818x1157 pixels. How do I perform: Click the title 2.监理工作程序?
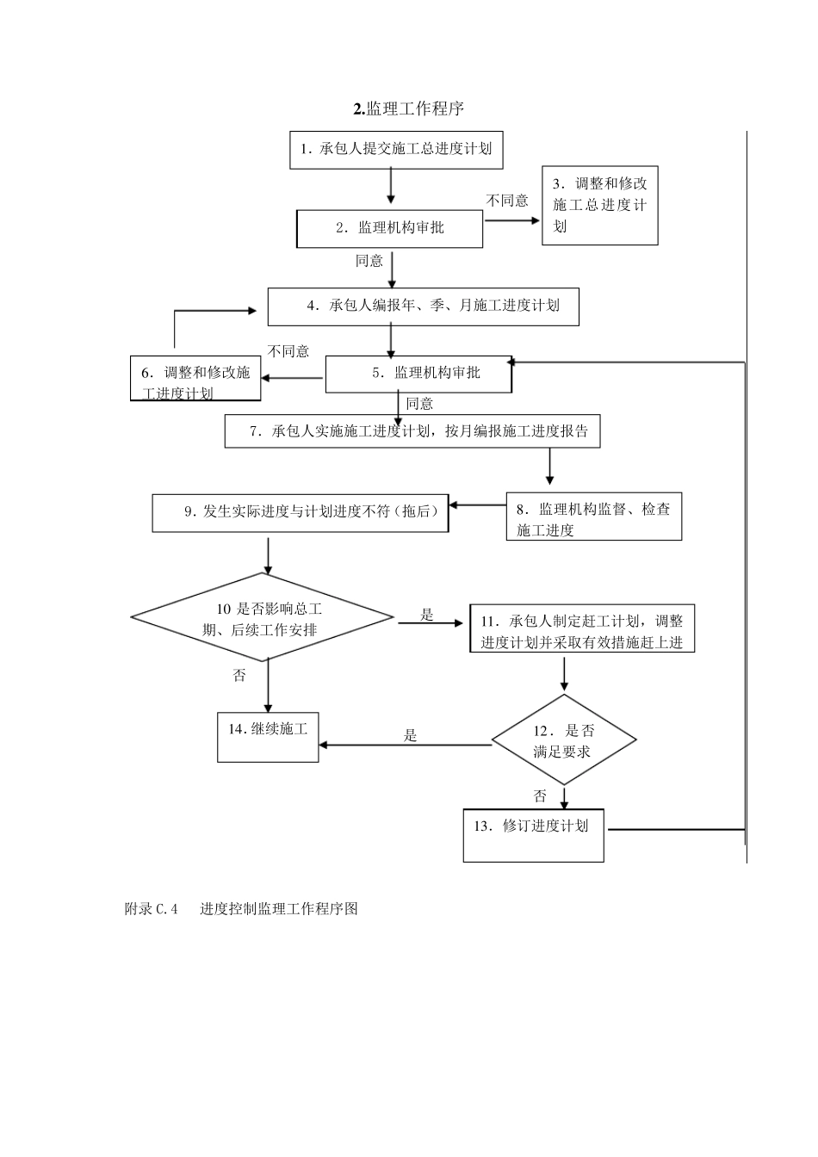[409, 108]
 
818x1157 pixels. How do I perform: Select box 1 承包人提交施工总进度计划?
[396, 149]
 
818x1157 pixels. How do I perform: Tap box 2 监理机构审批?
[389, 228]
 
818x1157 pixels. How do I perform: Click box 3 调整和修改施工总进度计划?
[599, 206]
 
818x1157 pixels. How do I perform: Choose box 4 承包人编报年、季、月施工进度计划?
[423, 306]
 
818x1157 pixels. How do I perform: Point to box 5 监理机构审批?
[418, 373]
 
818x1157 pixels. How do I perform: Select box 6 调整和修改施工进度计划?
[195, 379]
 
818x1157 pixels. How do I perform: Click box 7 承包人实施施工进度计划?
[412, 430]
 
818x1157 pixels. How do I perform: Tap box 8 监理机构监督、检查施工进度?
[593, 518]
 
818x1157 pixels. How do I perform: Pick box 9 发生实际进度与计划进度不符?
[301, 512]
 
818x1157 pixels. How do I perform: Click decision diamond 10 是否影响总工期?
[263, 618]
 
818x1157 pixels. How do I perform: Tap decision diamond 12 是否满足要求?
[564, 740]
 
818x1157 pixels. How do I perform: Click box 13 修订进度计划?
[533, 834]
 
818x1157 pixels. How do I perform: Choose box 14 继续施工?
[268, 736]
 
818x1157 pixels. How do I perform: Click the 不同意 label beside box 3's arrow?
[507, 201]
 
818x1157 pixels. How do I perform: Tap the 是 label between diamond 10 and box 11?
[427, 615]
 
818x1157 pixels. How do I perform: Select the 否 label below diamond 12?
[540, 795]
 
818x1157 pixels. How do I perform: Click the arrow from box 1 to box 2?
[391, 185]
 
